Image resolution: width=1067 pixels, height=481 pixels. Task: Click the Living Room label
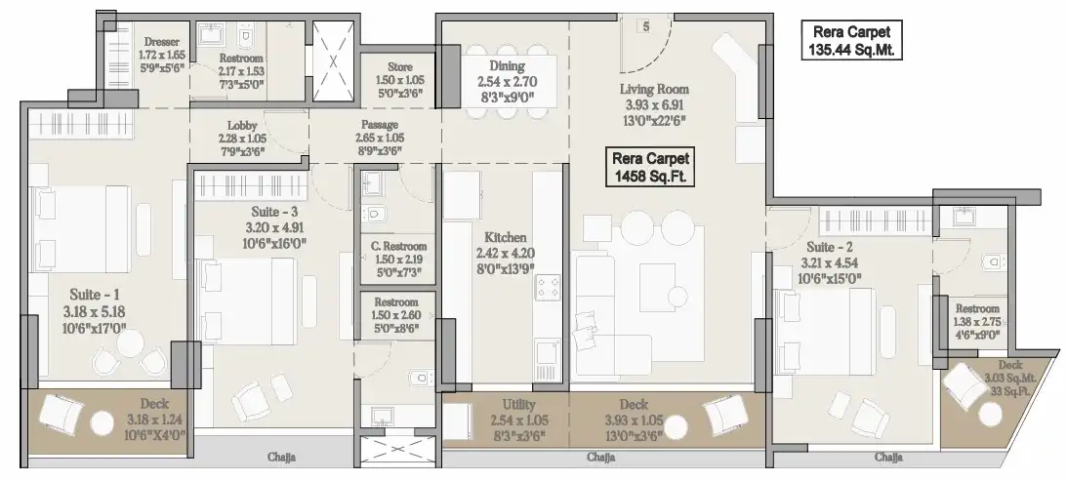[x=654, y=89]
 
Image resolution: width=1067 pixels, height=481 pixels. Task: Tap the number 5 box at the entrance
[x=645, y=26]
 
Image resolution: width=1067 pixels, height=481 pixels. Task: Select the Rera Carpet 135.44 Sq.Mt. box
[x=851, y=40]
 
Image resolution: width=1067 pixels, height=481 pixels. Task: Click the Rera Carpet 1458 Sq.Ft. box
[x=650, y=168]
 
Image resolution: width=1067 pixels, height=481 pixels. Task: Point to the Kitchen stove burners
[x=548, y=288]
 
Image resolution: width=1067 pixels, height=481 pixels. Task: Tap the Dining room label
[x=507, y=66]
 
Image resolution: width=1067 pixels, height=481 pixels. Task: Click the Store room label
[x=400, y=66]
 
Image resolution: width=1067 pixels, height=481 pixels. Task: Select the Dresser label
[x=162, y=42]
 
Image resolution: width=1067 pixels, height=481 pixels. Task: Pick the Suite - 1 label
[x=96, y=295]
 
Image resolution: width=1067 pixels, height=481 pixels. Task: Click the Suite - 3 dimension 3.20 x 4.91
[x=274, y=228]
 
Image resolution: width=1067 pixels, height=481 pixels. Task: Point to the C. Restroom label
[x=398, y=246]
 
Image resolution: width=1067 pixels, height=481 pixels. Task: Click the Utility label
[x=518, y=405]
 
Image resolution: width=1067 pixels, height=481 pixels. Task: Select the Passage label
[x=379, y=125]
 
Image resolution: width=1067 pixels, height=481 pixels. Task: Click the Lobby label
[x=242, y=125]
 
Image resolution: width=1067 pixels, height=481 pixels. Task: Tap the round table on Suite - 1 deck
[x=103, y=423]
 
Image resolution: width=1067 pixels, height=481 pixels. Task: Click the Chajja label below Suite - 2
[x=888, y=458]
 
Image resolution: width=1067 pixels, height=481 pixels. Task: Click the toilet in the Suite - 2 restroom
[x=994, y=261]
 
